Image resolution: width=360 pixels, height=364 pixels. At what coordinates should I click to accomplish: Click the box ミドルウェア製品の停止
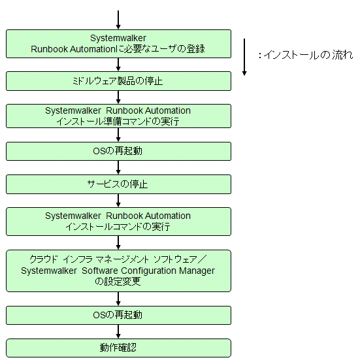coord(118,81)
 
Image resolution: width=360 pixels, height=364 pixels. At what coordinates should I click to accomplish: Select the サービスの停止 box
coord(118,184)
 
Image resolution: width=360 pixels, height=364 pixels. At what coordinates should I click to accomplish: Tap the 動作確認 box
coord(118,348)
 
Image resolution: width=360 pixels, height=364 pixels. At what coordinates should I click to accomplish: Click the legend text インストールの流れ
coord(308,55)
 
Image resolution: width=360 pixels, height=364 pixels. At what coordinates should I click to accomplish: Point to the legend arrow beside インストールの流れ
coord(244,57)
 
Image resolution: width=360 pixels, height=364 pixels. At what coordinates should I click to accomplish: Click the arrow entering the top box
coord(118,20)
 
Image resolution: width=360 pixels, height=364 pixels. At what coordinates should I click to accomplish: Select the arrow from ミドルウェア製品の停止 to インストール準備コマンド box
coord(118,97)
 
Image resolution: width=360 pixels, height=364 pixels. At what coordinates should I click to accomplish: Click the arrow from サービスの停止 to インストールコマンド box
coord(118,201)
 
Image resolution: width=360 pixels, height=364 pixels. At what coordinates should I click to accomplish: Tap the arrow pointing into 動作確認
coord(118,331)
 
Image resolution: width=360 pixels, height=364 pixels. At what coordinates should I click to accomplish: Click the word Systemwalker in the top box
coord(118,38)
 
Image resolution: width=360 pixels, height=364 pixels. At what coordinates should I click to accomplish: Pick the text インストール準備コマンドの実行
coord(118,122)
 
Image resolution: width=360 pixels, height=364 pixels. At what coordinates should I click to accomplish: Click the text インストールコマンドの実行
coord(118,227)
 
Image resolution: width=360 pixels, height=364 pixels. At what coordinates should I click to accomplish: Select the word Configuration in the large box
coord(148,271)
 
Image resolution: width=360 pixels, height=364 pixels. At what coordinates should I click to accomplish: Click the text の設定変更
coord(118,282)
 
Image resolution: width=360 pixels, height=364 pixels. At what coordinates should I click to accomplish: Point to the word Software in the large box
coord(100,271)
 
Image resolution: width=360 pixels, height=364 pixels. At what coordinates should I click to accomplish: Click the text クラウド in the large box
coord(44,259)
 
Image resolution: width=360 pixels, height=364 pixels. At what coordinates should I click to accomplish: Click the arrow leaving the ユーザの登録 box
coord(118,65)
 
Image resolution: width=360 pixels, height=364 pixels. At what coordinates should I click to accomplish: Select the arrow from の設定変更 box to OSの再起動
coord(118,299)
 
